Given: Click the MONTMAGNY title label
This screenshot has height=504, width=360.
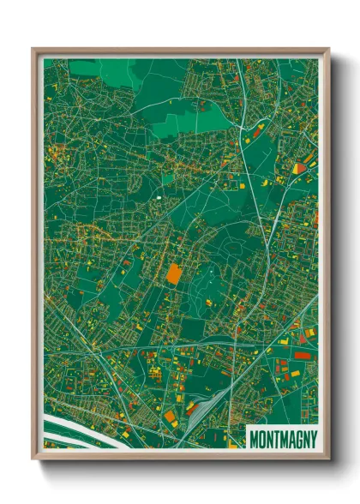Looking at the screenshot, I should click(282, 439).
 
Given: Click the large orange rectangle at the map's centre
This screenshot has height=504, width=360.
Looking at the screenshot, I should click(173, 273).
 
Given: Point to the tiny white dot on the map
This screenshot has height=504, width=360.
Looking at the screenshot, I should click(159, 198).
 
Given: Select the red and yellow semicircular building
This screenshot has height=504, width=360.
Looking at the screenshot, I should click(298, 168).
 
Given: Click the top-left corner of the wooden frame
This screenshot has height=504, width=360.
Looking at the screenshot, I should click(33, 49).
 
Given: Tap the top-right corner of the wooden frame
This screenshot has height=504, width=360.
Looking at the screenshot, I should click(328, 49).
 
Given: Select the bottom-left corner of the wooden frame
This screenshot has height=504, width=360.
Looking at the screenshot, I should click(33, 458).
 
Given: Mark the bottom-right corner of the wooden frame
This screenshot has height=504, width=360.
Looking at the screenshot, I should click(328, 458).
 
